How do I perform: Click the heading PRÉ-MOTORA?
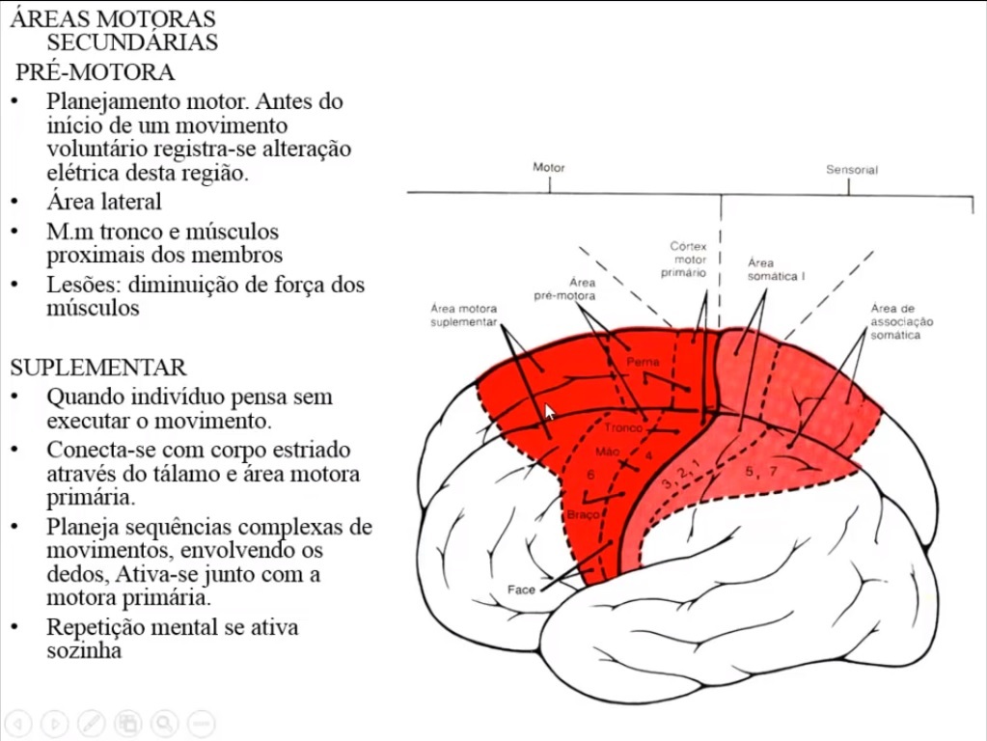click(96, 72)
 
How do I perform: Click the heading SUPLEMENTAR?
click(98, 368)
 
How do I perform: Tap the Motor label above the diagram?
click(549, 168)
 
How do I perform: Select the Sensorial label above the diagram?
click(851, 170)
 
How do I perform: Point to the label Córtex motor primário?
click(689, 260)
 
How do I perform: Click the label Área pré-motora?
click(564, 288)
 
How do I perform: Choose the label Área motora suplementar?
click(463, 315)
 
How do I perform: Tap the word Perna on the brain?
click(643, 362)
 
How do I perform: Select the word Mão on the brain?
click(607, 451)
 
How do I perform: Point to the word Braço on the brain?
click(584, 514)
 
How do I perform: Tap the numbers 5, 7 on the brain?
click(760, 472)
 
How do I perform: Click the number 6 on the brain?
click(590, 475)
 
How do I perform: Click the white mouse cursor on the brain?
click(550, 412)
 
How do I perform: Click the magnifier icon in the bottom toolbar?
click(164, 723)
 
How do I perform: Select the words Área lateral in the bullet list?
click(104, 202)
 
